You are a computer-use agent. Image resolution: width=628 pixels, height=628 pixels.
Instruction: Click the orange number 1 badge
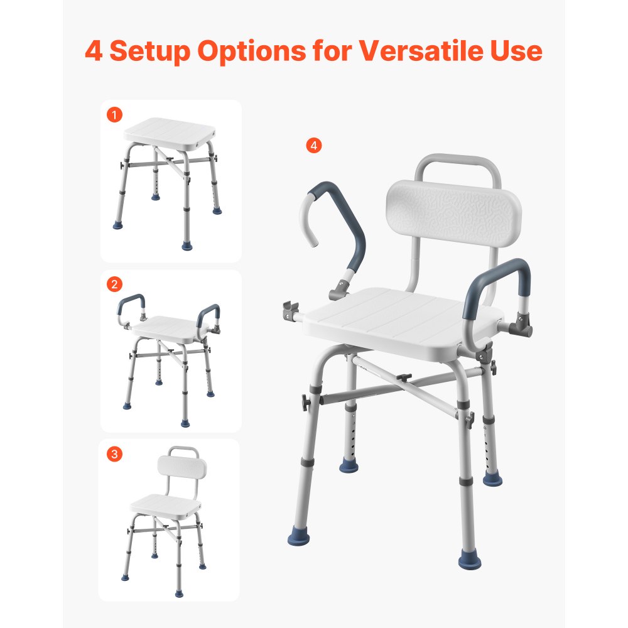pyautogui.click(x=114, y=115)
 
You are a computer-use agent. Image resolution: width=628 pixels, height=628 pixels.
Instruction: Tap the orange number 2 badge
pyautogui.click(x=114, y=284)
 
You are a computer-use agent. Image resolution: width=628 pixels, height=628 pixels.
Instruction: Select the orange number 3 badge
pyautogui.click(x=114, y=454)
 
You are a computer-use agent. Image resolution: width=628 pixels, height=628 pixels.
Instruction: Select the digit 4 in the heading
pyautogui.click(x=94, y=51)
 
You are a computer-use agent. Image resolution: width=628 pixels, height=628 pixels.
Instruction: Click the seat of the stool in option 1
pyautogui.click(x=170, y=130)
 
